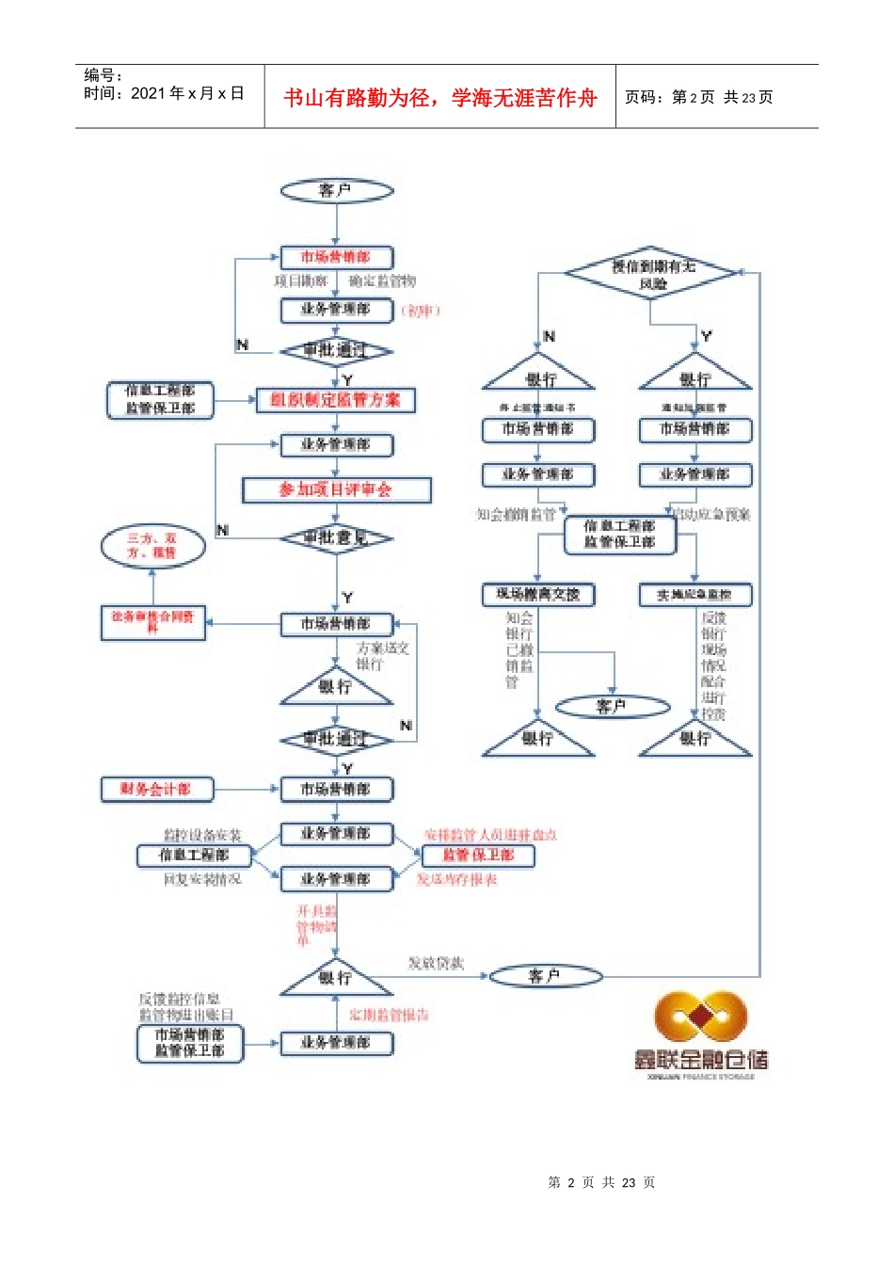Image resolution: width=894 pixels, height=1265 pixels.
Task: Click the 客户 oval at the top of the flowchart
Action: pos(336,191)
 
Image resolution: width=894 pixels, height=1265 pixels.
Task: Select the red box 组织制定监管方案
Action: pos(335,400)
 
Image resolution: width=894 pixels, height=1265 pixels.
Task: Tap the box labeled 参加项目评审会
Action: pos(336,489)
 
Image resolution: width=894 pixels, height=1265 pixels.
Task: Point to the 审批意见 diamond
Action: pos(336,538)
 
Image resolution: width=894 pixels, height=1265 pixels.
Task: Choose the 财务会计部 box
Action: pos(156,790)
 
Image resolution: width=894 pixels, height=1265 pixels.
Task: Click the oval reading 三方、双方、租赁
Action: pos(152,546)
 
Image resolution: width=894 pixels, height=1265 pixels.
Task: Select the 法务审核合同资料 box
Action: pos(152,622)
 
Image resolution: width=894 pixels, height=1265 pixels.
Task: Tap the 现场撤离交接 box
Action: pos(537,595)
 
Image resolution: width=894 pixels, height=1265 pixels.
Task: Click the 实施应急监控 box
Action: pos(694,595)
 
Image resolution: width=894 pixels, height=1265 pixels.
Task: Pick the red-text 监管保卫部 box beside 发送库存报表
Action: pos(478,856)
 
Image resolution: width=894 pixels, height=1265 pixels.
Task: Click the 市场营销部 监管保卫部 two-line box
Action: pos(189,1043)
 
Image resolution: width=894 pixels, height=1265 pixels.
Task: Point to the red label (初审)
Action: pos(421,311)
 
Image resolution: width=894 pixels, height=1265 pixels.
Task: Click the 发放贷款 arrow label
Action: pos(435,964)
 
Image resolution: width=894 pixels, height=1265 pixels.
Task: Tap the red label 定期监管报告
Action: pos(389,1016)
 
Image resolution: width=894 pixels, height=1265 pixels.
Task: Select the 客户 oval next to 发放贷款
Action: pos(546,976)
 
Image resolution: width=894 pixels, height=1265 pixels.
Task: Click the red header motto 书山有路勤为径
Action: pos(439,98)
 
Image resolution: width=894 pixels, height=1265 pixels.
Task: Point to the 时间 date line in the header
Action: pos(164,93)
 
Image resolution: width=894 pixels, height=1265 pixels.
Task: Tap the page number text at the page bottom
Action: pos(601,1182)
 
